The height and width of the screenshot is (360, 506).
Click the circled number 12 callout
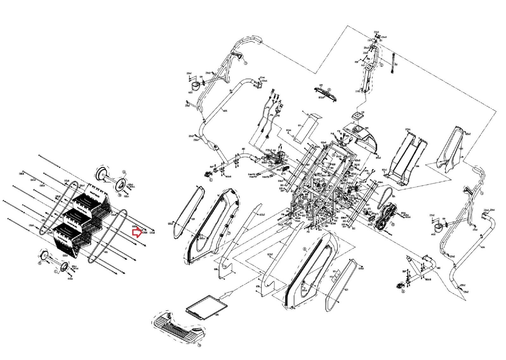click(393, 225)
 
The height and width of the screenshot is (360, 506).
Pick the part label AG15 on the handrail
click(225, 111)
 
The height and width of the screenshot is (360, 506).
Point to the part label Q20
click(193, 219)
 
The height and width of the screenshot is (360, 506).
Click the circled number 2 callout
click(382, 65)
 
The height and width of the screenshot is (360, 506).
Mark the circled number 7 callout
click(229, 233)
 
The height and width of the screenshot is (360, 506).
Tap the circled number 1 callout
click(245, 63)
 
